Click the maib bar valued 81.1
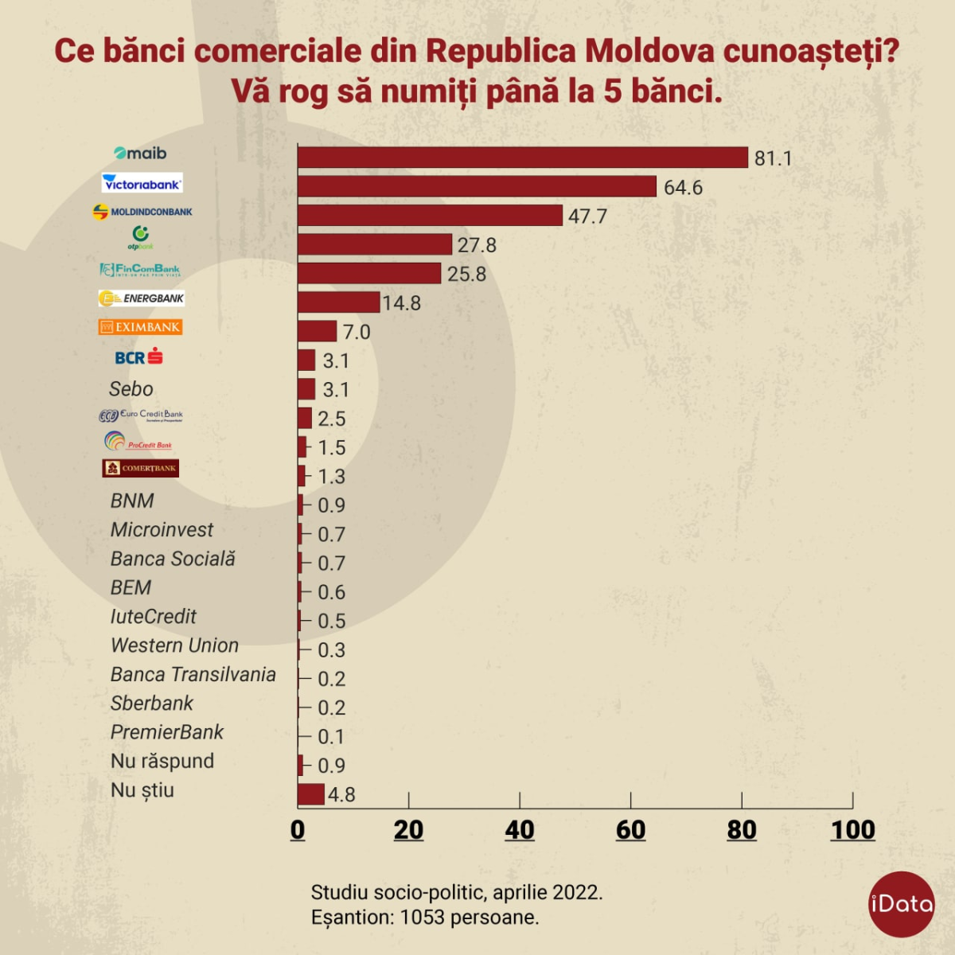(x=523, y=158)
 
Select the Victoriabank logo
(x=142, y=183)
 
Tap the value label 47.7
(x=587, y=216)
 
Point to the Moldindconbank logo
(x=142, y=212)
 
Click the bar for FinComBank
(x=369, y=273)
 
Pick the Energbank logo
(x=142, y=298)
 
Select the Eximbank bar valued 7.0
(x=318, y=331)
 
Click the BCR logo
(x=139, y=357)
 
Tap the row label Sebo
(x=131, y=389)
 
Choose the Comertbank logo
(x=141, y=468)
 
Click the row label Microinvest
(x=162, y=530)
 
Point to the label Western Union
(x=174, y=645)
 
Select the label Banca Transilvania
(x=193, y=675)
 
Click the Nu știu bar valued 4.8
(x=311, y=794)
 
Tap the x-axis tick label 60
(x=630, y=830)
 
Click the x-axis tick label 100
(x=852, y=830)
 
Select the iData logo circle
(x=901, y=904)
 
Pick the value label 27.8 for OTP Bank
(x=477, y=245)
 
